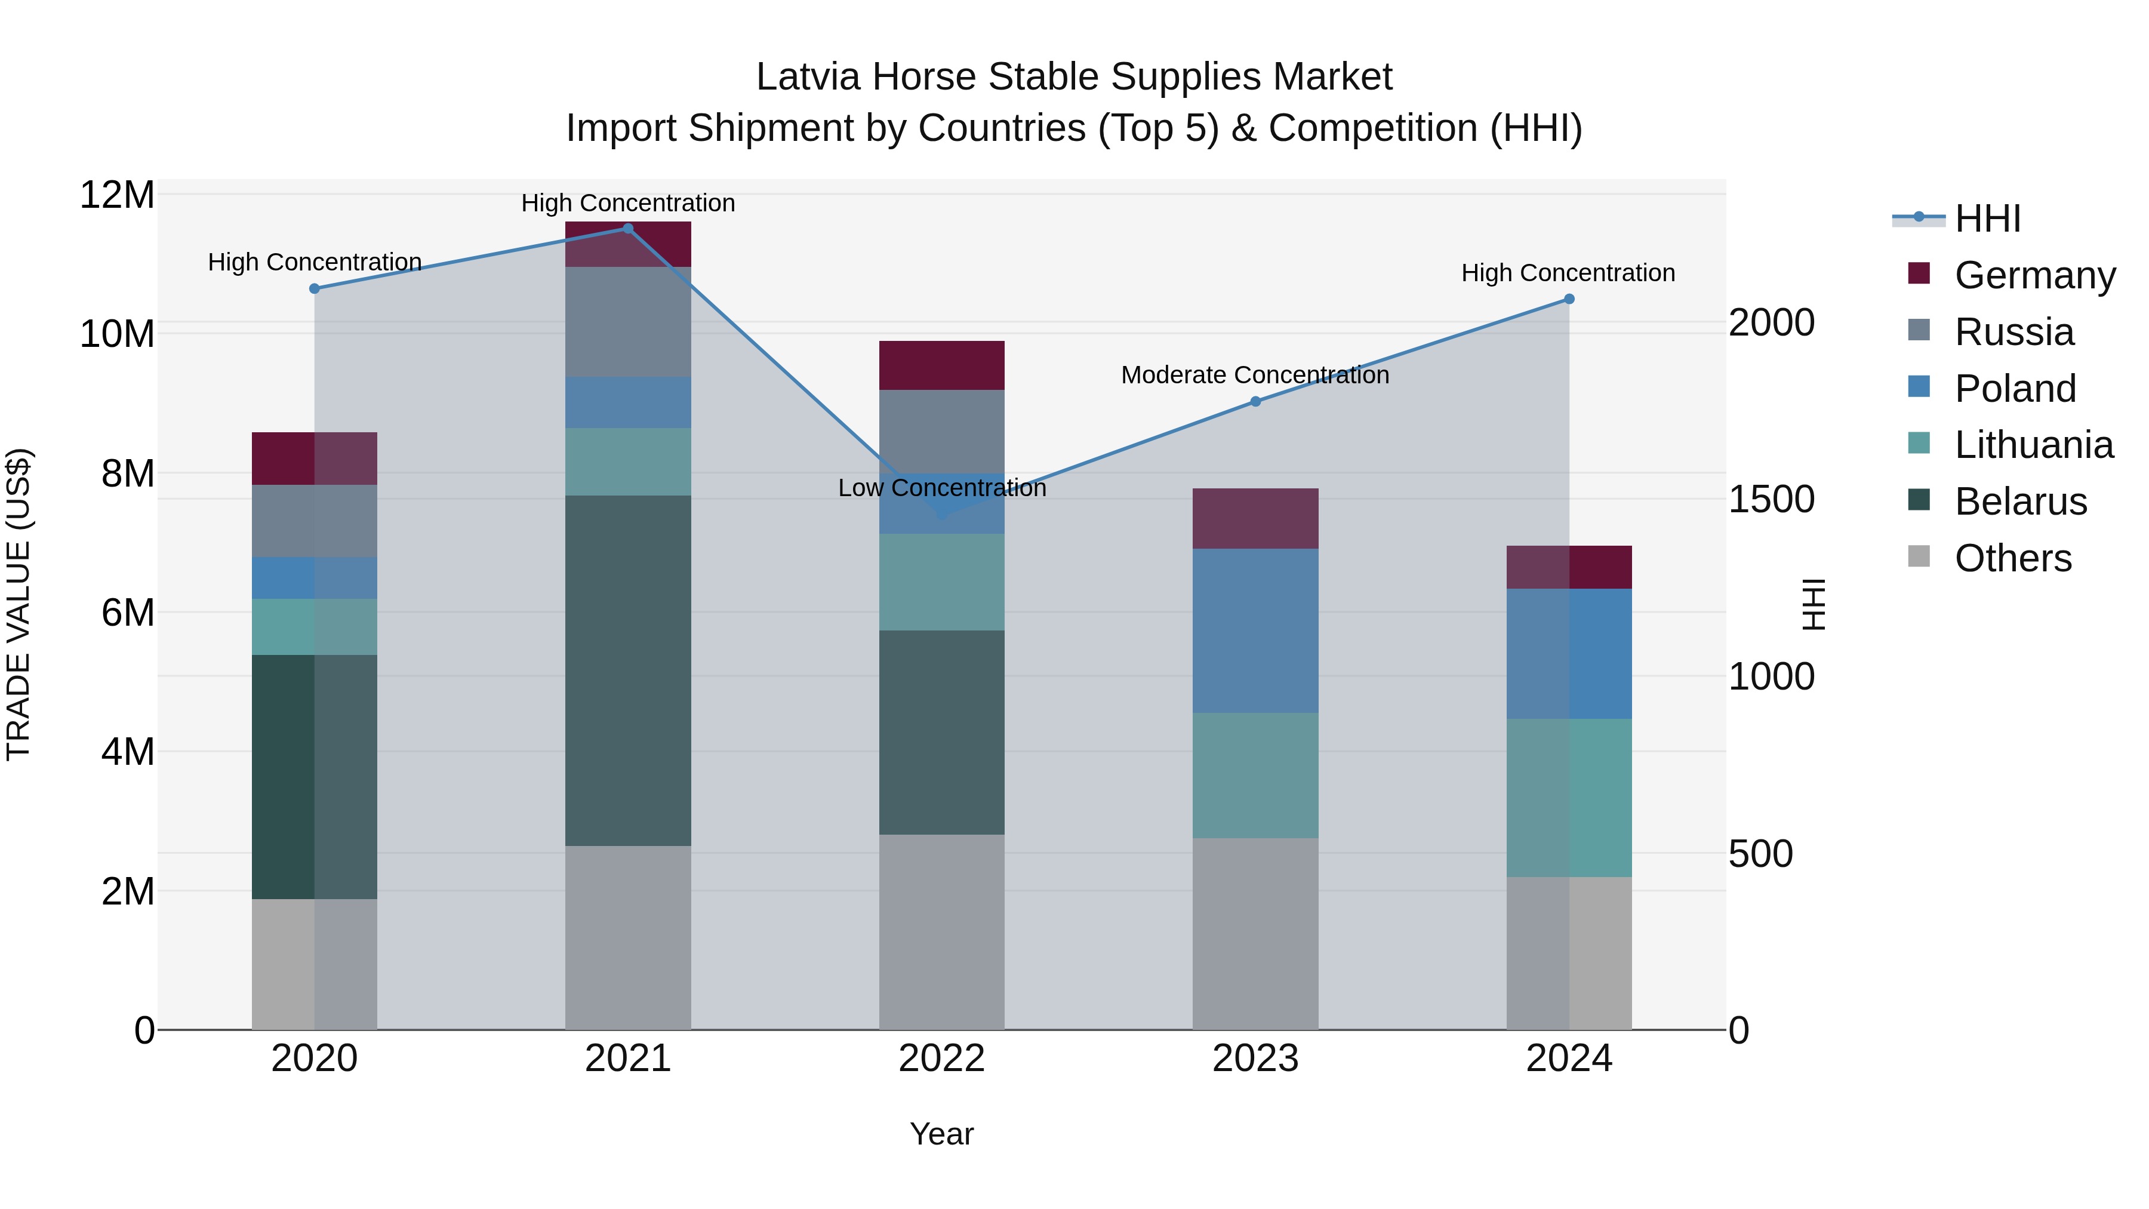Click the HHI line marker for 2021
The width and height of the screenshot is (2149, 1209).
628,229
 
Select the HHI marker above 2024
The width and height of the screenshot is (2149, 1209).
1568,299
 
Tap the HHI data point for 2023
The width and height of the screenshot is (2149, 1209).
1255,401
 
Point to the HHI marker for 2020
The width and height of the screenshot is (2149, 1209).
315,289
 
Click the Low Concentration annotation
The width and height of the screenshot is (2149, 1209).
942,488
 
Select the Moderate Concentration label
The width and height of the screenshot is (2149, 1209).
1255,376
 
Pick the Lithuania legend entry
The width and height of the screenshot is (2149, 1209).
2034,445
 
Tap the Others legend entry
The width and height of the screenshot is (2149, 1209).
2013,558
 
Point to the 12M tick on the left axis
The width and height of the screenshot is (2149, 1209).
117,195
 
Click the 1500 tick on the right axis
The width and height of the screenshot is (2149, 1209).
1771,500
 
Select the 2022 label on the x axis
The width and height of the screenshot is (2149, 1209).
942,1059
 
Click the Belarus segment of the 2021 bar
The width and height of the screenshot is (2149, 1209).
628,671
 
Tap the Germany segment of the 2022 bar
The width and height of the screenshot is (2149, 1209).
942,365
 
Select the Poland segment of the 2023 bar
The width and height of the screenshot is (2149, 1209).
1255,631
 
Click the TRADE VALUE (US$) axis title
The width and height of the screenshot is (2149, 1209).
19,604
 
